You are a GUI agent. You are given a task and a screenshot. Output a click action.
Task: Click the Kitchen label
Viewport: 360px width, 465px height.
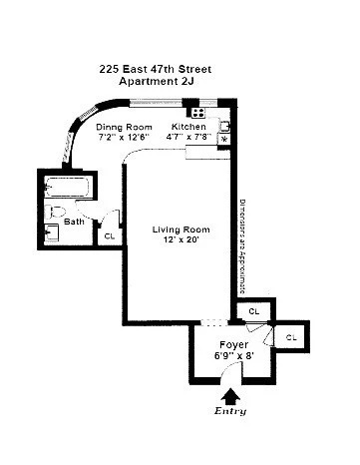(x=188, y=128)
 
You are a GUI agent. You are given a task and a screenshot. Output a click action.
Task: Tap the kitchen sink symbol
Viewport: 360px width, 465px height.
(x=224, y=125)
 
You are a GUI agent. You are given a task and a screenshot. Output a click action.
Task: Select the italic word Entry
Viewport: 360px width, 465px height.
(x=231, y=411)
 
